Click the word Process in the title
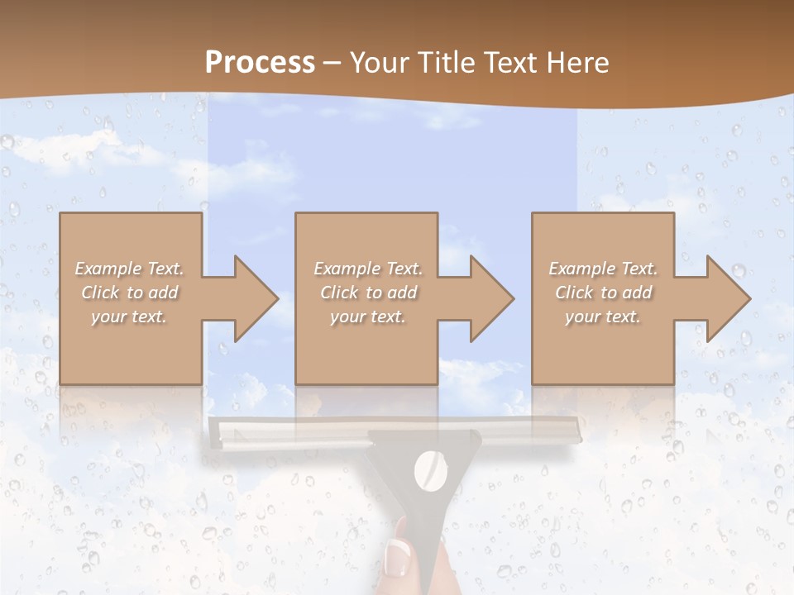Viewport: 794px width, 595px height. [260, 63]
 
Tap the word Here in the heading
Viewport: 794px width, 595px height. [578, 63]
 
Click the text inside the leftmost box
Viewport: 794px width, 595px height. [130, 293]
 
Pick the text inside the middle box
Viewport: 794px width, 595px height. [367, 293]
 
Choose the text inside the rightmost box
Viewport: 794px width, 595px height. [603, 293]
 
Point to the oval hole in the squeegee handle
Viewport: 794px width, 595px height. [429, 470]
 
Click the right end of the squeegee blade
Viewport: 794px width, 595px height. [572, 431]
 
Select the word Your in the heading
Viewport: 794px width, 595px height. [378, 63]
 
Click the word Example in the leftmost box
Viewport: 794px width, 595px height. [108, 269]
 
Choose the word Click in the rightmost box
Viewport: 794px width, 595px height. [574, 293]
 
